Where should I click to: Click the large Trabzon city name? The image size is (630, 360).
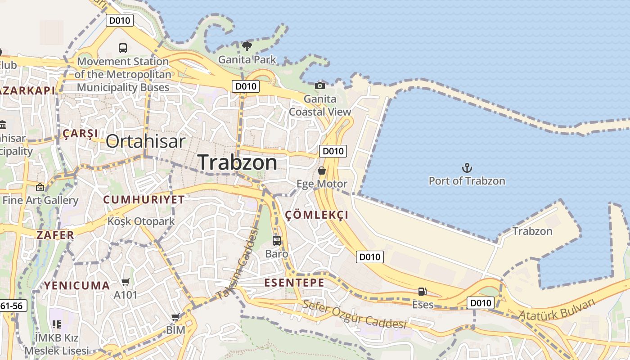[237, 162]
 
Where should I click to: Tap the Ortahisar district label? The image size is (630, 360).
[145, 141]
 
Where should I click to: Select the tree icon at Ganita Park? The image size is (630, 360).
[247, 46]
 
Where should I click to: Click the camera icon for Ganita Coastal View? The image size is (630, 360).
[319, 85]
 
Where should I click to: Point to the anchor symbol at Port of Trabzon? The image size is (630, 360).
[467, 168]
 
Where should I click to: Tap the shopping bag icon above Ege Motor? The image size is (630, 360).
[322, 171]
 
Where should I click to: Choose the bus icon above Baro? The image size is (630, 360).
[276, 240]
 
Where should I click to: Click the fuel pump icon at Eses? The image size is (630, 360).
[422, 292]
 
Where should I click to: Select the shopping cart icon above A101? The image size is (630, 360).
[126, 282]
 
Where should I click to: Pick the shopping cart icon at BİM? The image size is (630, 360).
[175, 317]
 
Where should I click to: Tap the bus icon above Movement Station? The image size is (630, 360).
[122, 48]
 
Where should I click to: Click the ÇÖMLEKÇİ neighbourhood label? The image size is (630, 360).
[317, 215]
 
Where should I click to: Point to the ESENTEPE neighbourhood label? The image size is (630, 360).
[294, 283]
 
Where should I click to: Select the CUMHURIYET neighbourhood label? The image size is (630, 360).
[144, 200]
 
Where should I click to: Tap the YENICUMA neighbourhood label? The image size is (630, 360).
[77, 285]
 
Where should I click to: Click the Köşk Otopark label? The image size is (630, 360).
[141, 221]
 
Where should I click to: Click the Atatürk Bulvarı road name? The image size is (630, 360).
[557, 309]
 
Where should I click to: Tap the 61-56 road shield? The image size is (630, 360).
[12, 306]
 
